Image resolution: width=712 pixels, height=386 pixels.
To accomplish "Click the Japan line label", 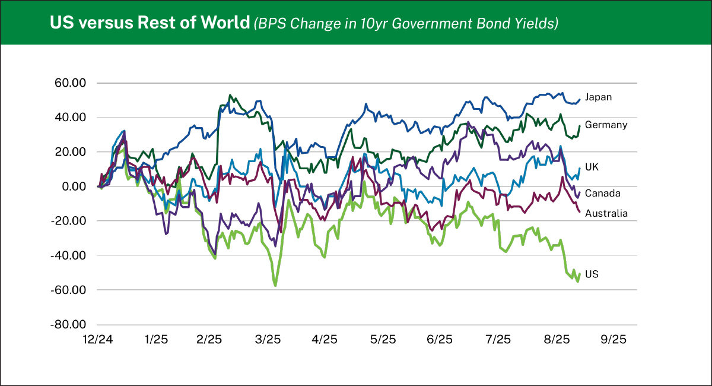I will coord(598,97).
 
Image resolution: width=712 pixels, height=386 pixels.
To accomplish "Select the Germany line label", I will coord(606,125).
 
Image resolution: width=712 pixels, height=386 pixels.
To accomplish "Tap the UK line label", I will coord(592,167).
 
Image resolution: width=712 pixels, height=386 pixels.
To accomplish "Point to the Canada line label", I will coord(602,193).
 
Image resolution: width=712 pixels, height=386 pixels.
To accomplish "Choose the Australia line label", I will coord(606,213).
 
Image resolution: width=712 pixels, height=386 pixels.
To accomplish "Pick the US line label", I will coord(591,274).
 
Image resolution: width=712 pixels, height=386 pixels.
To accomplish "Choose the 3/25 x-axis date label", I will coord(268,340).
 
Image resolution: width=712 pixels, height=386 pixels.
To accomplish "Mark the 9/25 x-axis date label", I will coord(613,340).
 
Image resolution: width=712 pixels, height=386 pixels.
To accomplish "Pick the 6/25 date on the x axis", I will coord(440,340).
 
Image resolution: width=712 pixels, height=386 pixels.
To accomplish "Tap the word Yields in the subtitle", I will coord(535,24).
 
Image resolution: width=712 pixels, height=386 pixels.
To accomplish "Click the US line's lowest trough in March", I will coord(275,286).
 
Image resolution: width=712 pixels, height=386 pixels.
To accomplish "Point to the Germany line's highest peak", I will coord(230,95).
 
